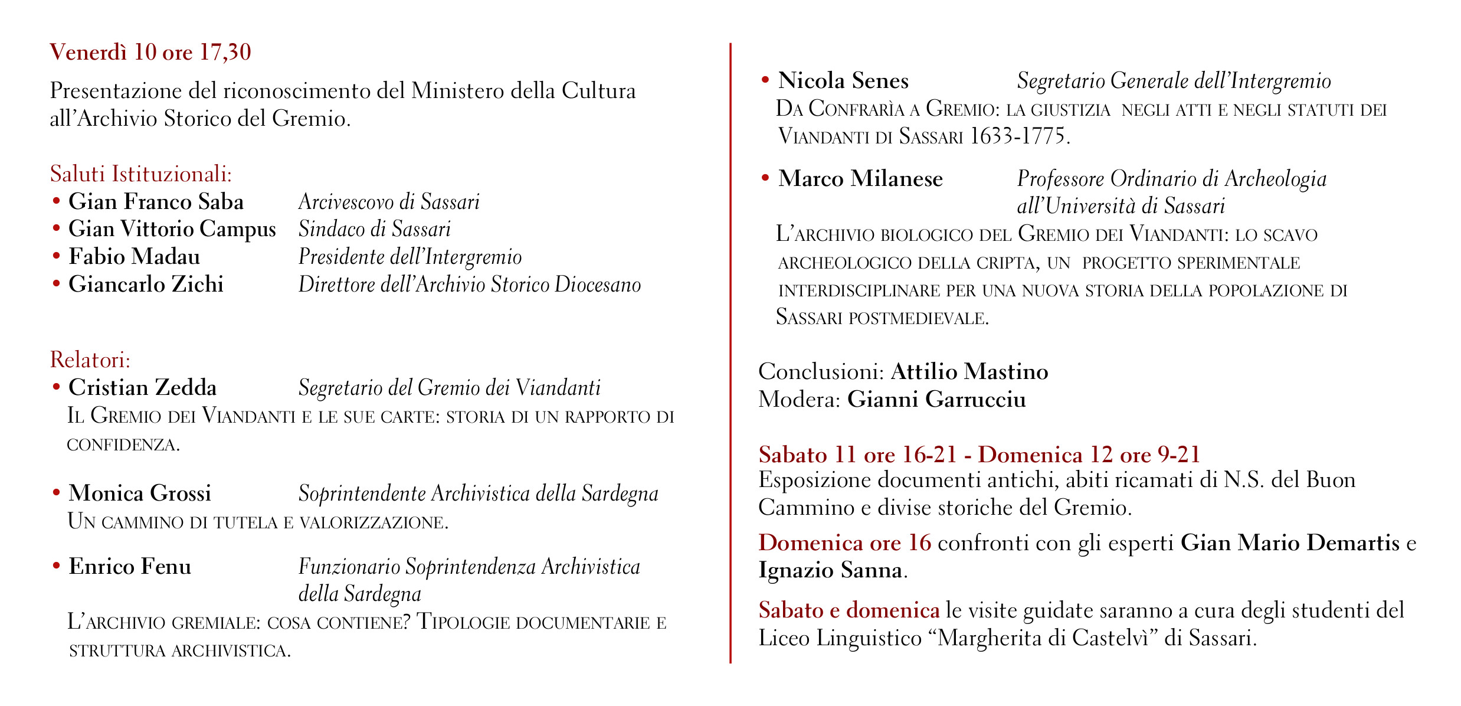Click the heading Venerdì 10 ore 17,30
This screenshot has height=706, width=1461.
tap(150, 53)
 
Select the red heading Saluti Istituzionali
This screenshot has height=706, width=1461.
tap(140, 174)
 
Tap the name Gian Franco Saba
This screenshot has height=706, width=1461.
tap(156, 202)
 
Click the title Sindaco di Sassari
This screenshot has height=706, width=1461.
tap(374, 229)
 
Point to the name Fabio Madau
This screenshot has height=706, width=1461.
tap(134, 257)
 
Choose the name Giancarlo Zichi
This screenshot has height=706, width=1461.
tap(146, 285)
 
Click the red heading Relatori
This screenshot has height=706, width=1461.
tap(90, 359)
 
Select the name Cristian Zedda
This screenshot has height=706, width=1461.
tap(142, 388)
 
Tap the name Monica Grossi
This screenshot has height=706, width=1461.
tap(139, 493)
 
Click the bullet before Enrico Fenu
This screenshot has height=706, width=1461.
tap(57, 566)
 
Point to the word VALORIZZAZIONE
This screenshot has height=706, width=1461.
tap(374, 522)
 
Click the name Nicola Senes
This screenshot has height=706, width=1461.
tap(843, 81)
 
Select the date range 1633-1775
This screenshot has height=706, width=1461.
tap(1019, 136)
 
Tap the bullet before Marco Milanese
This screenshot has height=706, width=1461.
tap(765, 178)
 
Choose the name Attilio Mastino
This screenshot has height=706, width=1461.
tap(969, 372)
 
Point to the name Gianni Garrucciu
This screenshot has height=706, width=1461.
tap(936, 400)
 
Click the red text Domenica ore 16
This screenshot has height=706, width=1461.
tap(844, 542)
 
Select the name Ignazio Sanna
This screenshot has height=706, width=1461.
tap(830, 570)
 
